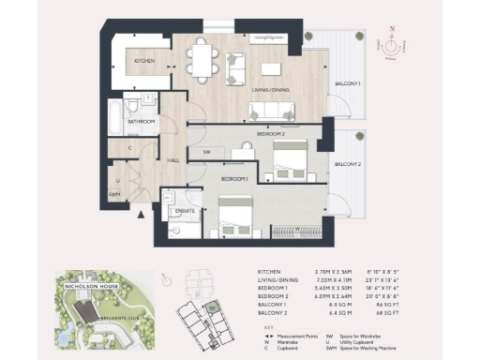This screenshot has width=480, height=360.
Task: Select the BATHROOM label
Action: click(x=142, y=121)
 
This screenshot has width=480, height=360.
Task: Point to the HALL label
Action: click(x=173, y=160)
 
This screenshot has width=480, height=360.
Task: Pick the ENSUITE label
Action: click(x=185, y=211)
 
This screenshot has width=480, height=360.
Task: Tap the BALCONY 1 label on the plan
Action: click(x=348, y=84)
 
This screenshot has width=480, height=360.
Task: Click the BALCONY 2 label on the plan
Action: click(x=348, y=165)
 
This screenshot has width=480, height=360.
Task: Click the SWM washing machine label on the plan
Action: click(x=115, y=194)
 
